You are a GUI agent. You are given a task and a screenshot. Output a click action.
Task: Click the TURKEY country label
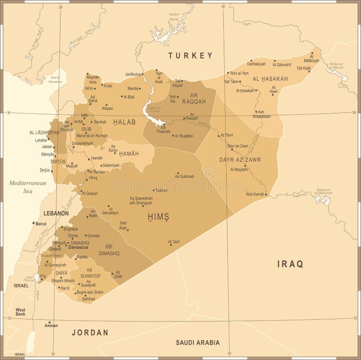coord(190,56)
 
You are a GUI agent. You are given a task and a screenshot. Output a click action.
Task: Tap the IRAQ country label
coord(290,264)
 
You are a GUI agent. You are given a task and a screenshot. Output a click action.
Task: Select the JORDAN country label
coord(90,332)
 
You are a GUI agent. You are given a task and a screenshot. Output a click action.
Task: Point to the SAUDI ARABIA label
coord(198,342)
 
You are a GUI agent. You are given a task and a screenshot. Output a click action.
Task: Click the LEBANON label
coord(56,213)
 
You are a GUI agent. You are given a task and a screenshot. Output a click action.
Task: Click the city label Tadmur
coord(161,191)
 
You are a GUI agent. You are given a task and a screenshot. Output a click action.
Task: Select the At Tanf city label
coord(174,241)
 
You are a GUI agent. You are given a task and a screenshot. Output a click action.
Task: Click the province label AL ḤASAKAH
coord(270,79)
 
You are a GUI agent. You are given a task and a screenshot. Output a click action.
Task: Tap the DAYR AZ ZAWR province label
coord(240,159)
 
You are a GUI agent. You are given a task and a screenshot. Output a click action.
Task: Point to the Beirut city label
coord(41,224)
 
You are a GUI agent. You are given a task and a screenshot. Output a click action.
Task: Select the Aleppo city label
coord(107,108)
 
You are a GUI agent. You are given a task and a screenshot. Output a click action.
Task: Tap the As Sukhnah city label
coord(185,177)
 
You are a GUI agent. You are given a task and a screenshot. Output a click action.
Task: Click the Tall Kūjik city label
coord(304,68)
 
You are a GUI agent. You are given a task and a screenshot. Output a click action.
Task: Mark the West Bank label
coord(20,312)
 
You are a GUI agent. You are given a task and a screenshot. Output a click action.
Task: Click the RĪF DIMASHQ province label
coord(109,250)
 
